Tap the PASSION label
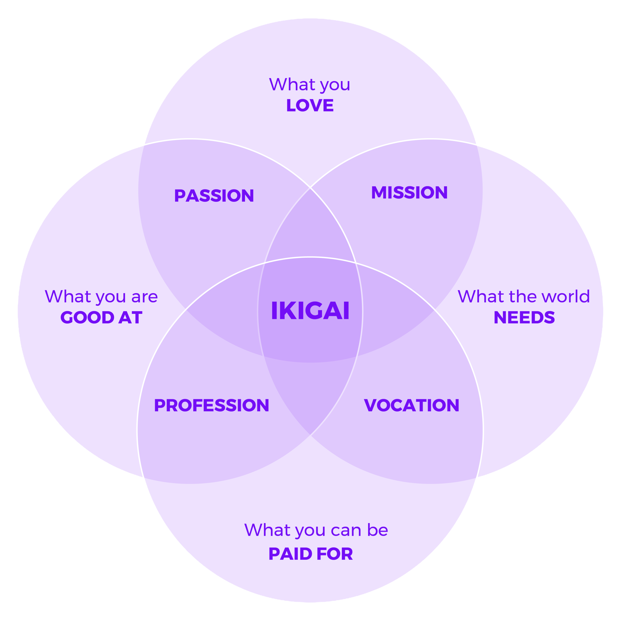pyautogui.click(x=214, y=196)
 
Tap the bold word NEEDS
pyautogui.click(x=524, y=318)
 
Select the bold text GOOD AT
pyautogui.click(x=101, y=318)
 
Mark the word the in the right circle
pyautogui.click(x=523, y=296)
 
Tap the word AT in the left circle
pyautogui.click(x=130, y=318)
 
